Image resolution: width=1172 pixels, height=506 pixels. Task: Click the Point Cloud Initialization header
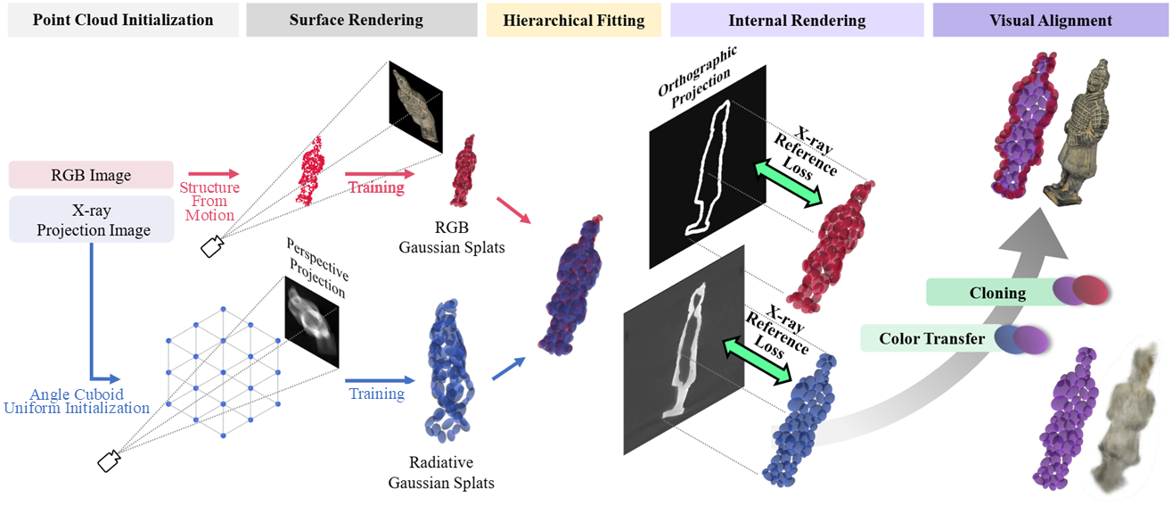click(123, 20)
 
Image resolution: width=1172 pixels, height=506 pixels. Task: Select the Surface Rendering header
click(362, 20)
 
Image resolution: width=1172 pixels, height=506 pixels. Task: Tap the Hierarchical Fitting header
click(573, 20)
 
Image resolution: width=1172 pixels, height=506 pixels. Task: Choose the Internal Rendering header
click(797, 20)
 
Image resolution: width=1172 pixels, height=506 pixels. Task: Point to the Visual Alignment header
click(1050, 20)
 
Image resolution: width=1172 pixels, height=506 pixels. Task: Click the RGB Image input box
click(91, 175)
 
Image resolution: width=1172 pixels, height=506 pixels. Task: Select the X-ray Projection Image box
click(92, 220)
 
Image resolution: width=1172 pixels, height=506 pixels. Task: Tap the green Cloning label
click(996, 293)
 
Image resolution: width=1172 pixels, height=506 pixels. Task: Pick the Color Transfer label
click(931, 338)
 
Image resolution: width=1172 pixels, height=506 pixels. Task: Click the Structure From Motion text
click(209, 201)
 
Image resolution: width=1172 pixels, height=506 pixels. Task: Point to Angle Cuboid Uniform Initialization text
click(77, 402)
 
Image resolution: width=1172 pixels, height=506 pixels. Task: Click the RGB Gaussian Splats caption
click(452, 237)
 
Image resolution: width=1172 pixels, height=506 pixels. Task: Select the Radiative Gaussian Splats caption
click(441, 472)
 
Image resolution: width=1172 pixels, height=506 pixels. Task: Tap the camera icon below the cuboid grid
click(109, 461)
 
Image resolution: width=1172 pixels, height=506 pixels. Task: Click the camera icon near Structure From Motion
click(212, 246)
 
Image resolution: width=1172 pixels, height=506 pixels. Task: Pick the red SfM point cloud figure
click(310, 170)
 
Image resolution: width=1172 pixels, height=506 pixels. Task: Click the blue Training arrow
click(380, 380)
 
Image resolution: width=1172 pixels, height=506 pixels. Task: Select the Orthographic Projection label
click(698, 77)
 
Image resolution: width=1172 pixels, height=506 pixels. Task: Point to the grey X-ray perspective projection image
click(312, 321)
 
